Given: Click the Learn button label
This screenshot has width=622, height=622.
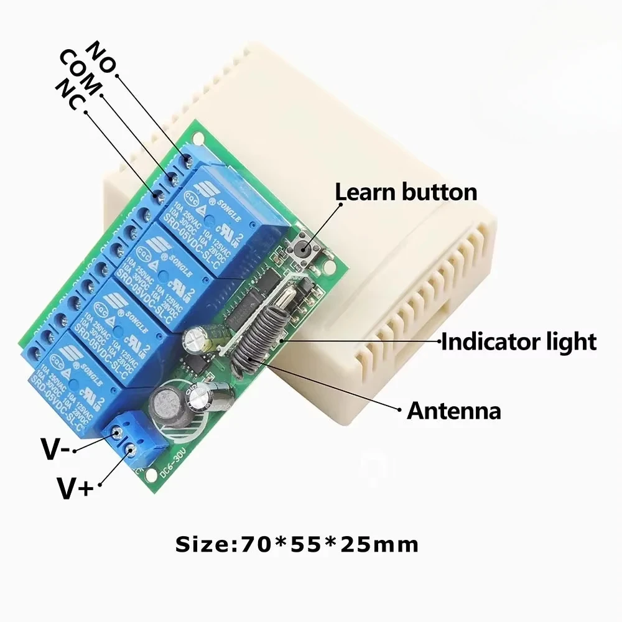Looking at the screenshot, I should pos(406,192).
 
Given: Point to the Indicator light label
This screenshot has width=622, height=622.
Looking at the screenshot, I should pos(519,341).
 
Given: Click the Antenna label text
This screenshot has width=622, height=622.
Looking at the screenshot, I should pos(453,411).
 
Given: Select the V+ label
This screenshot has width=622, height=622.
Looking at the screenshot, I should pos(75,487).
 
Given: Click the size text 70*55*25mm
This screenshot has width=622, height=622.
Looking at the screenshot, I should pos(297,545).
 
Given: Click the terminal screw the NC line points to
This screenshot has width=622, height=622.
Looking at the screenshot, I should pos(158,197).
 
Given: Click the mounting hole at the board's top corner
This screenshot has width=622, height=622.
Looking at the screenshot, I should pos(198,135).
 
